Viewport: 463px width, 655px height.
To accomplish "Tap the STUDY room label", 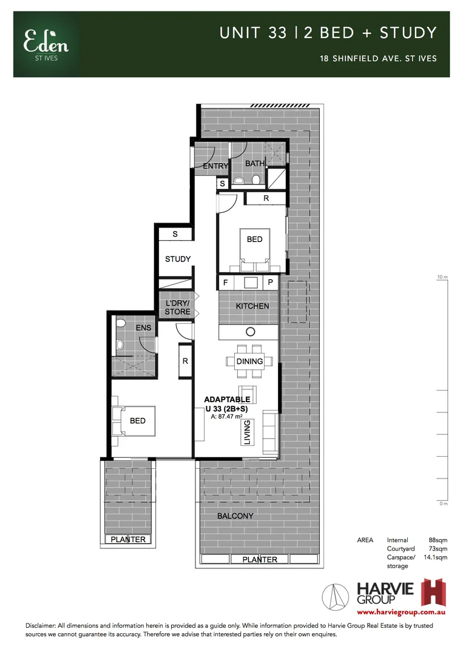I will (x=178, y=259).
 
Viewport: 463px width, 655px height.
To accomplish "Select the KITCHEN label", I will (x=252, y=306).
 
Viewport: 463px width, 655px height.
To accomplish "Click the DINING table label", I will (x=249, y=361).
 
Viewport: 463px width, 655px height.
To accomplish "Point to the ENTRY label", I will (x=215, y=166).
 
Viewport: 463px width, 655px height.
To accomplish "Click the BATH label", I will (x=255, y=164).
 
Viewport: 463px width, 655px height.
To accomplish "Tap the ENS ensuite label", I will (x=143, y=328).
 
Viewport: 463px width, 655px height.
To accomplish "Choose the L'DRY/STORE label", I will (x=178, y=307).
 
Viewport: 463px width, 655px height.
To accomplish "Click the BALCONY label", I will (x=235, y=516).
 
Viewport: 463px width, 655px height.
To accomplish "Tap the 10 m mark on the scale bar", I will (x=442, y=277).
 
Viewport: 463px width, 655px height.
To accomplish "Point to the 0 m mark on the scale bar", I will (x=443, y=503).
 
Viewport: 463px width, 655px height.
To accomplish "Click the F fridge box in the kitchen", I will (x=226, y=283).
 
